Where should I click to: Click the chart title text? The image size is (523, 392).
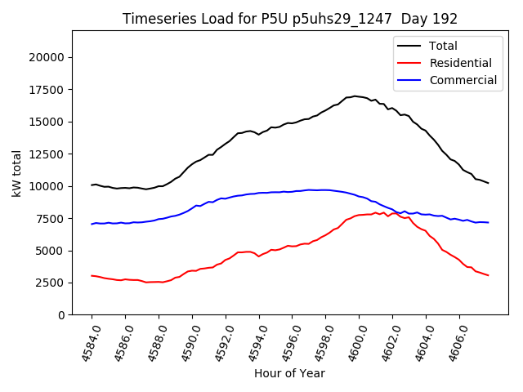click(290, 19)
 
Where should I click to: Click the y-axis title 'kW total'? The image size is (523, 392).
click(17, 172)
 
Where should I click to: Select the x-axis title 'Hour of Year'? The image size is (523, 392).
click(289, 373)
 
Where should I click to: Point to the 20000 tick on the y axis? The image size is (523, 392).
click(47, 57)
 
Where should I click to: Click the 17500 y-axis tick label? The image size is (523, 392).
click(47, 122)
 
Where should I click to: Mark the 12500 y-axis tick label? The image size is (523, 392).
click(47, 186)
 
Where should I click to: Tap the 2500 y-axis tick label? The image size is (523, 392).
click(50, 283)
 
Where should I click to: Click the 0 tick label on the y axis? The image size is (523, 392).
click(60, 315)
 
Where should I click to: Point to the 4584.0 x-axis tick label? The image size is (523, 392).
click(87, 344)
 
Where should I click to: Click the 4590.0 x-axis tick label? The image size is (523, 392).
click(187, 344)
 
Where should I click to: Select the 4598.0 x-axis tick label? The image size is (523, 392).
click(320, 344)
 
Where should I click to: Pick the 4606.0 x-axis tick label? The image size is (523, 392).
click(454, 344)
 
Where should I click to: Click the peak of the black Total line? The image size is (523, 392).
click(355, 96)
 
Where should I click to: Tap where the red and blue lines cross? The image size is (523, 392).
click(398, 212)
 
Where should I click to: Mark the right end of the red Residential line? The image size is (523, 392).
click(488, 275)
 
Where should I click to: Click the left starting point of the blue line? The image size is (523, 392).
click(92, 224)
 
